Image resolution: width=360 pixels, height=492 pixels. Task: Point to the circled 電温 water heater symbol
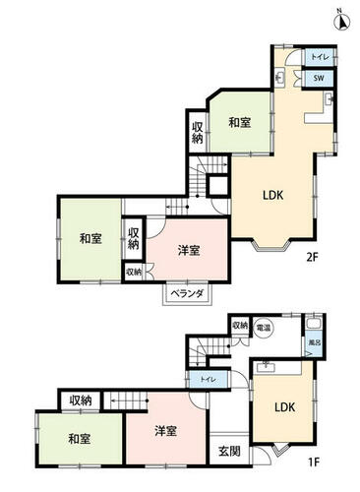(x=264, y=328)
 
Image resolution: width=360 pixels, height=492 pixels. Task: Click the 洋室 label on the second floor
(x=190, y=250)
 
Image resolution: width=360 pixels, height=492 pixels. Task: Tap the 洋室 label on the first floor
(x=165, y=432)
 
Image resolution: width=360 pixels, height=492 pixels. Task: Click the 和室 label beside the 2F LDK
(x=240, y=123)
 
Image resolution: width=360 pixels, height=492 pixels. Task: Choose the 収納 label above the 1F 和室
(x=81, y=400)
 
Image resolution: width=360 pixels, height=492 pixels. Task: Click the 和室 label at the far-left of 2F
(x=90, y=237)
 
